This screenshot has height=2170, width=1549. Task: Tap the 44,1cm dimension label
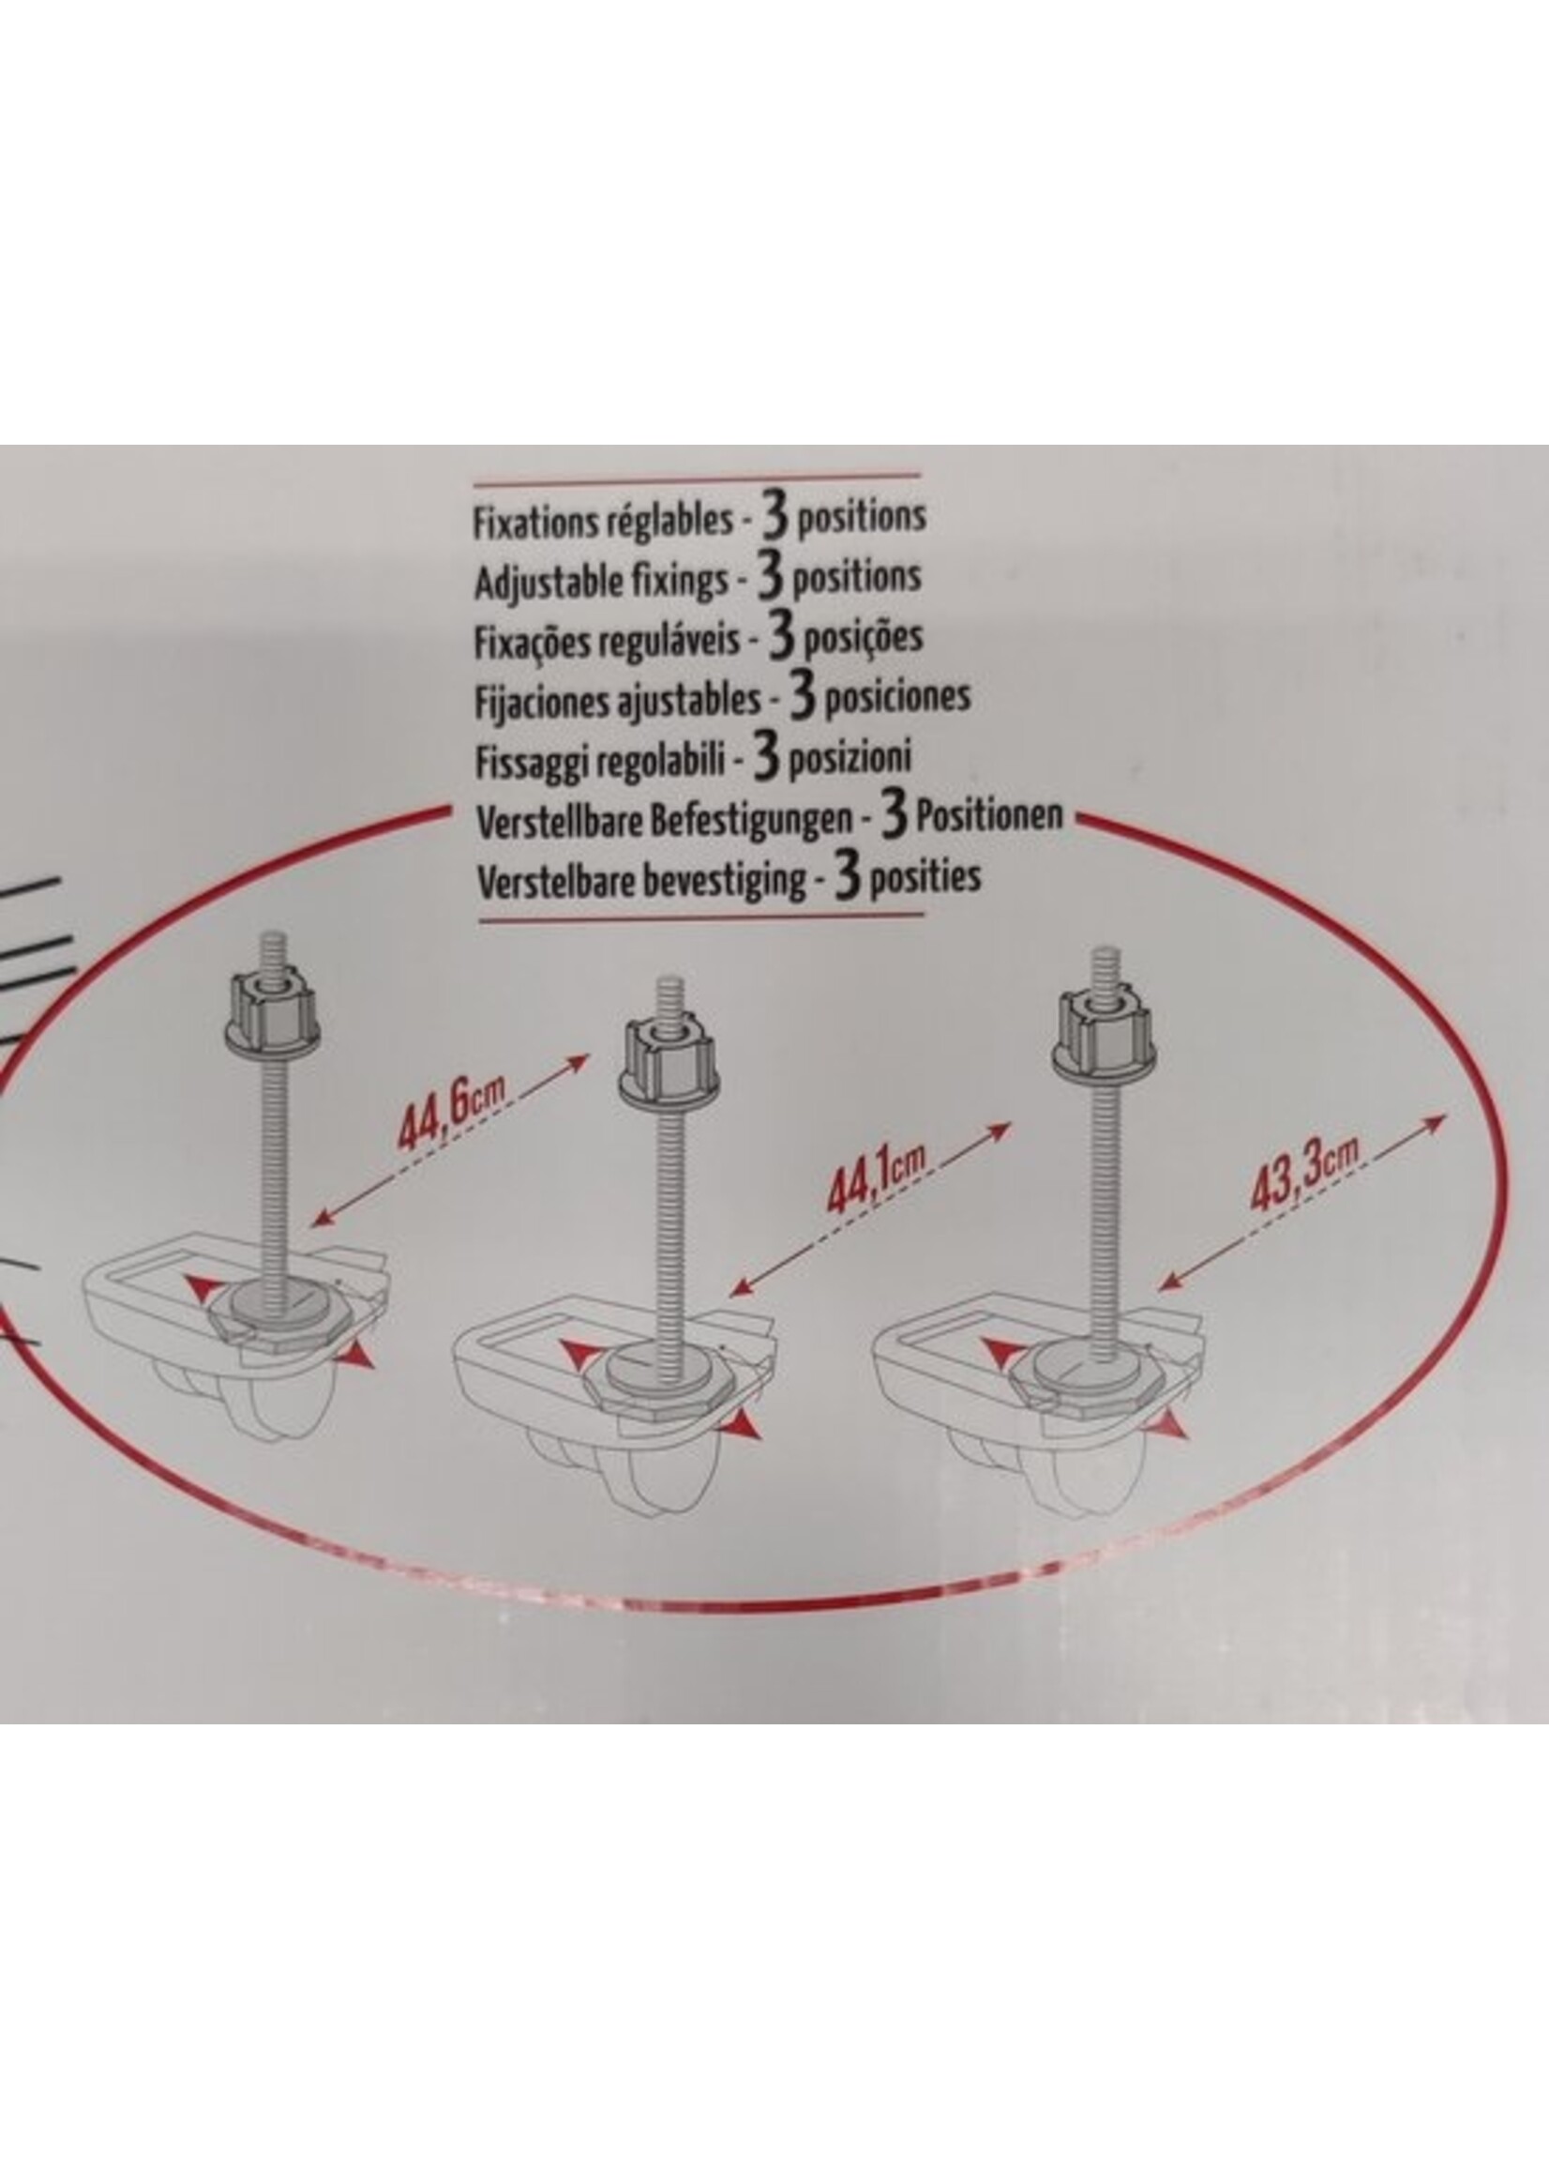877,1181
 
